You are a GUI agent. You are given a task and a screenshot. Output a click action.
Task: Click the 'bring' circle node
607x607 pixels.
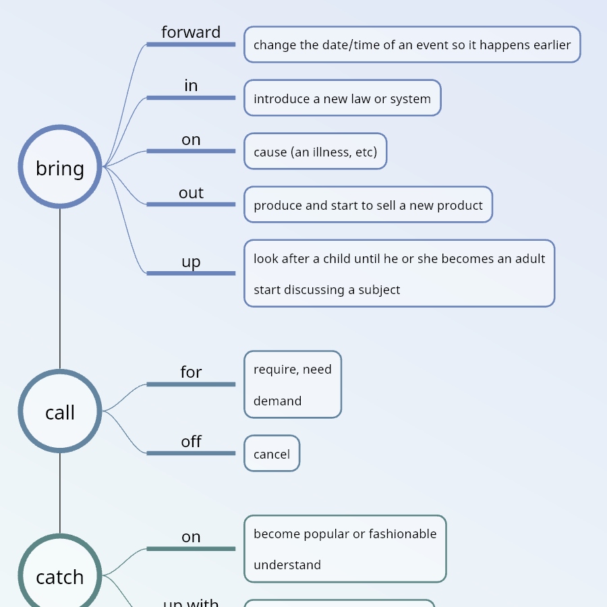point(60,167)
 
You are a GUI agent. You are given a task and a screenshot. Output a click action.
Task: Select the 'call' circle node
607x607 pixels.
point(60,411)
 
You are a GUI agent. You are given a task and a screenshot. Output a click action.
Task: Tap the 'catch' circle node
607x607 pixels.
point(60,575)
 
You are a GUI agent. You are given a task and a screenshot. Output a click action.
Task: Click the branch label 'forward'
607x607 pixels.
point(191,32)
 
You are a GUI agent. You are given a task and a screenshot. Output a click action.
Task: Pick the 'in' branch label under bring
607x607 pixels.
point(191,86)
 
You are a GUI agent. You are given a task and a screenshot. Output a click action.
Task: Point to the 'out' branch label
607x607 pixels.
point(191,193)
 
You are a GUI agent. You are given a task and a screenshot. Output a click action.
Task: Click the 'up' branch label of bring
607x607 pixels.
point(191,262)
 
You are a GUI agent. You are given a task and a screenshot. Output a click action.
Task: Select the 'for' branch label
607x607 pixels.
point(191,372)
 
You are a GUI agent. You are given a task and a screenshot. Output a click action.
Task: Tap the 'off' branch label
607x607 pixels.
point(191,442)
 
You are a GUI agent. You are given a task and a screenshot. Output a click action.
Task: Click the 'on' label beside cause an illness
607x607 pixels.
point(191,140)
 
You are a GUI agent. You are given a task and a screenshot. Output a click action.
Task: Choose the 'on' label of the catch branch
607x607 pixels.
point(191,537)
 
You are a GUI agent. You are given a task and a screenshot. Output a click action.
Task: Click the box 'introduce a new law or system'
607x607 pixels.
point(342,98)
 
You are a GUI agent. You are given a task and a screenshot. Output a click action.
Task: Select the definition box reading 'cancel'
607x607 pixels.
point(272,454)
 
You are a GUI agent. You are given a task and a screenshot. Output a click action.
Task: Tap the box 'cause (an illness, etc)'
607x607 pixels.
point(315,152)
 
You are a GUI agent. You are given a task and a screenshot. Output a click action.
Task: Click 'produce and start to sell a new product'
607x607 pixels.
point(368,205)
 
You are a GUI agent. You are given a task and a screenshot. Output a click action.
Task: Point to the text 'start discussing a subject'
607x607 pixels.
point(327,290)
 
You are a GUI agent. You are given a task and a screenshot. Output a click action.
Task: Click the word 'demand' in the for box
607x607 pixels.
point(277,401)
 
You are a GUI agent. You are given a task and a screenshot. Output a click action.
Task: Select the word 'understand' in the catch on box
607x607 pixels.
point(287,565)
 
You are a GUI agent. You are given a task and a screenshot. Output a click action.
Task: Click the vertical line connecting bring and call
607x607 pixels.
point(60,290)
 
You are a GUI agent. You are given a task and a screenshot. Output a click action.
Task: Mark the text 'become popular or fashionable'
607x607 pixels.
point(345,534)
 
